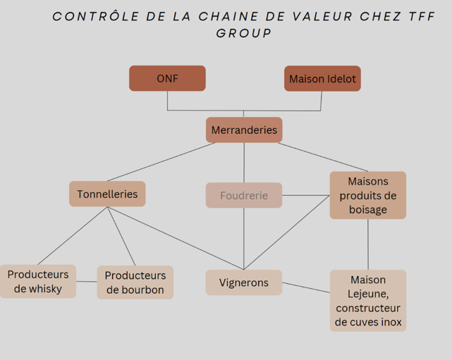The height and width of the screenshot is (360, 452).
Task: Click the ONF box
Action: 167,78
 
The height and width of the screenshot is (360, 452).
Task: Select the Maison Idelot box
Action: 322,78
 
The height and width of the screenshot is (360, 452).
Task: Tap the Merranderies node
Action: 244,130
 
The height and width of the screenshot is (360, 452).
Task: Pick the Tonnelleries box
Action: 107,194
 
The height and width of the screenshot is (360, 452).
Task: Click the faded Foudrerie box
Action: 244,195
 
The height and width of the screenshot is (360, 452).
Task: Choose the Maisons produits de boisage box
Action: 367,195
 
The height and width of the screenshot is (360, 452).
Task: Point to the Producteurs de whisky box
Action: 38,281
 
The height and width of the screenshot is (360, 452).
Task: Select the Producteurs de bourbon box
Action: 135,283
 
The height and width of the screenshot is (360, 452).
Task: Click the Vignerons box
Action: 244,283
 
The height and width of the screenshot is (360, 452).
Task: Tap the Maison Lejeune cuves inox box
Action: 367,301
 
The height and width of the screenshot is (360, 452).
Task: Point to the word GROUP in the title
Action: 244,33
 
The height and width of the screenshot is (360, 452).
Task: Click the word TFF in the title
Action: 421,16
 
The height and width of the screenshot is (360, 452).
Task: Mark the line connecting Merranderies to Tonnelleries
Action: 162,161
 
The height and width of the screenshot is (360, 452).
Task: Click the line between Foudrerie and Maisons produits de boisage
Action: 306,195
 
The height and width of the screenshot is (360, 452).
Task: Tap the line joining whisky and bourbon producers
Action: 87,282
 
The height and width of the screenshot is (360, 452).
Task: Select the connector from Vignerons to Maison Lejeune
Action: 306,287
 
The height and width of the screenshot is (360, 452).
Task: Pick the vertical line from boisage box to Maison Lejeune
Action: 367,244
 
